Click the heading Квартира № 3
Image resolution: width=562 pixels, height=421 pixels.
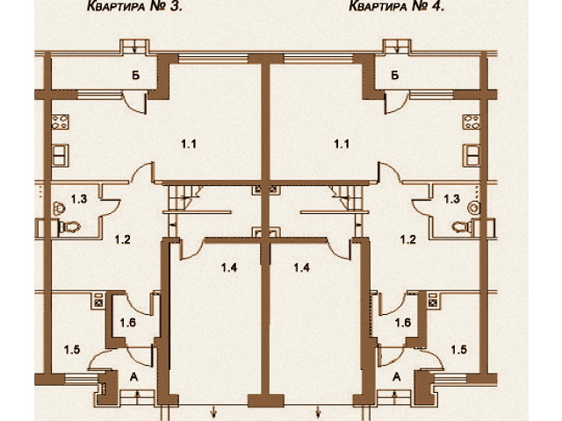[134, 6]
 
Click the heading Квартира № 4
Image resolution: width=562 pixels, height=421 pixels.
[397, 6]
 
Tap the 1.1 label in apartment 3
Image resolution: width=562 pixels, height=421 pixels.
[189, 144]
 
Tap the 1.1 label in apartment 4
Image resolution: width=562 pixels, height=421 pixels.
[342, 144]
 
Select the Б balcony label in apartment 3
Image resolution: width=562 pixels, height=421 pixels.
[136, 75]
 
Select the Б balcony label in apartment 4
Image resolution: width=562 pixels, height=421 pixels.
[395, 75]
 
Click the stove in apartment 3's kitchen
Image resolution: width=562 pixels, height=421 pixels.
[61, 122]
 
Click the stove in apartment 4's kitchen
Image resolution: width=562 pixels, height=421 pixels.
[471, 122]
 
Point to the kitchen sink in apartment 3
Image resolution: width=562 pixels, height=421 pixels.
[61, 155]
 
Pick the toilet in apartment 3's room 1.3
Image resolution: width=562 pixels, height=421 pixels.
[68, 226]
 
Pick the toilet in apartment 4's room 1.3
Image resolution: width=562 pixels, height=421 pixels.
[463, 226]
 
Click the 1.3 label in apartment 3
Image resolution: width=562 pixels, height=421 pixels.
[79, 199]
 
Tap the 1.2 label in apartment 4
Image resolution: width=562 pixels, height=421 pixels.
[408, 239]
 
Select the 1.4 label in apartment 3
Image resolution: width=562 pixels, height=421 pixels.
[229, 268]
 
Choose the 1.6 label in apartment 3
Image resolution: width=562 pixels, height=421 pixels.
[128, 323]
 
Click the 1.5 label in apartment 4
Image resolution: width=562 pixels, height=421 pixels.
[458, 350]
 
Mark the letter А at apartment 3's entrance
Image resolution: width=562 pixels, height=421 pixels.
[134, 376]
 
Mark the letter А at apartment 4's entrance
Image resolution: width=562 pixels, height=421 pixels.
[397, 376]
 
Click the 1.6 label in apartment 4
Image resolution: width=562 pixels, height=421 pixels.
[403, 323]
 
